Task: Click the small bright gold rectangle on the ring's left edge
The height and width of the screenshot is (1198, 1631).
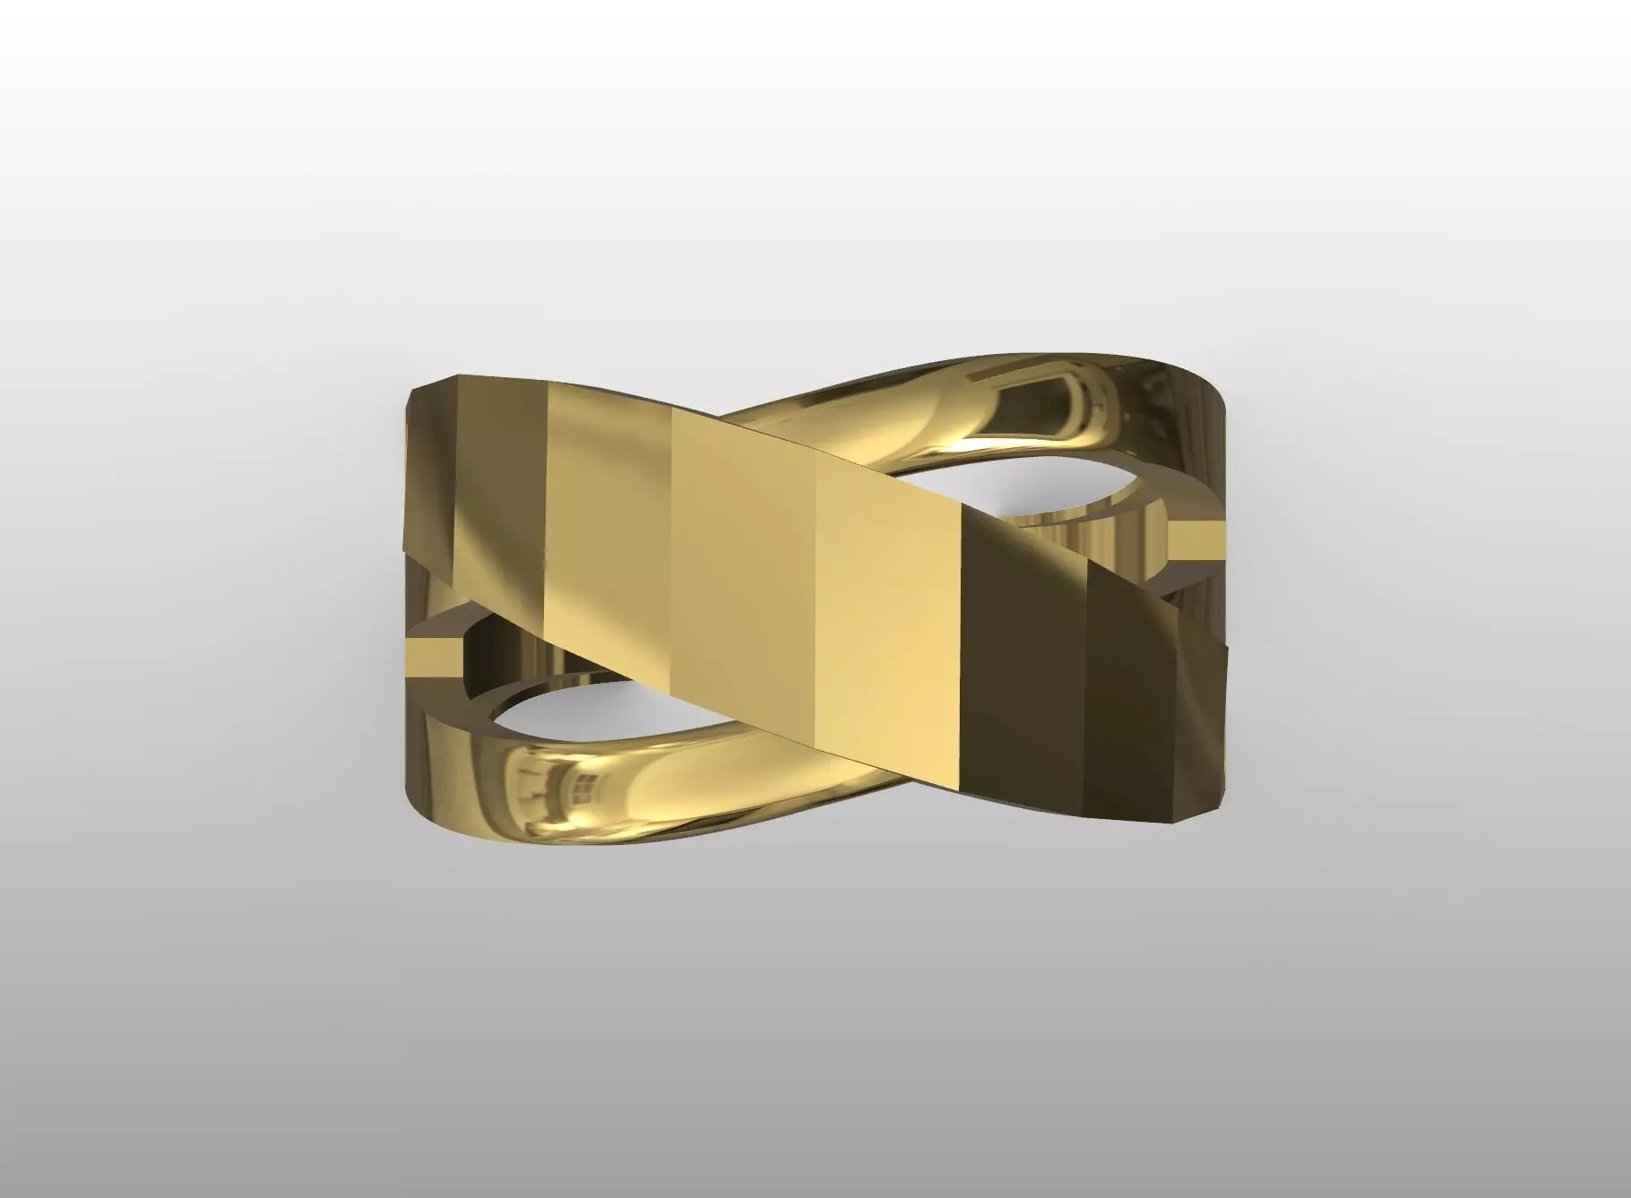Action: (433, 657)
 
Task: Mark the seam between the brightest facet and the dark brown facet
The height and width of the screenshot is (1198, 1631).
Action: (961, 645)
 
